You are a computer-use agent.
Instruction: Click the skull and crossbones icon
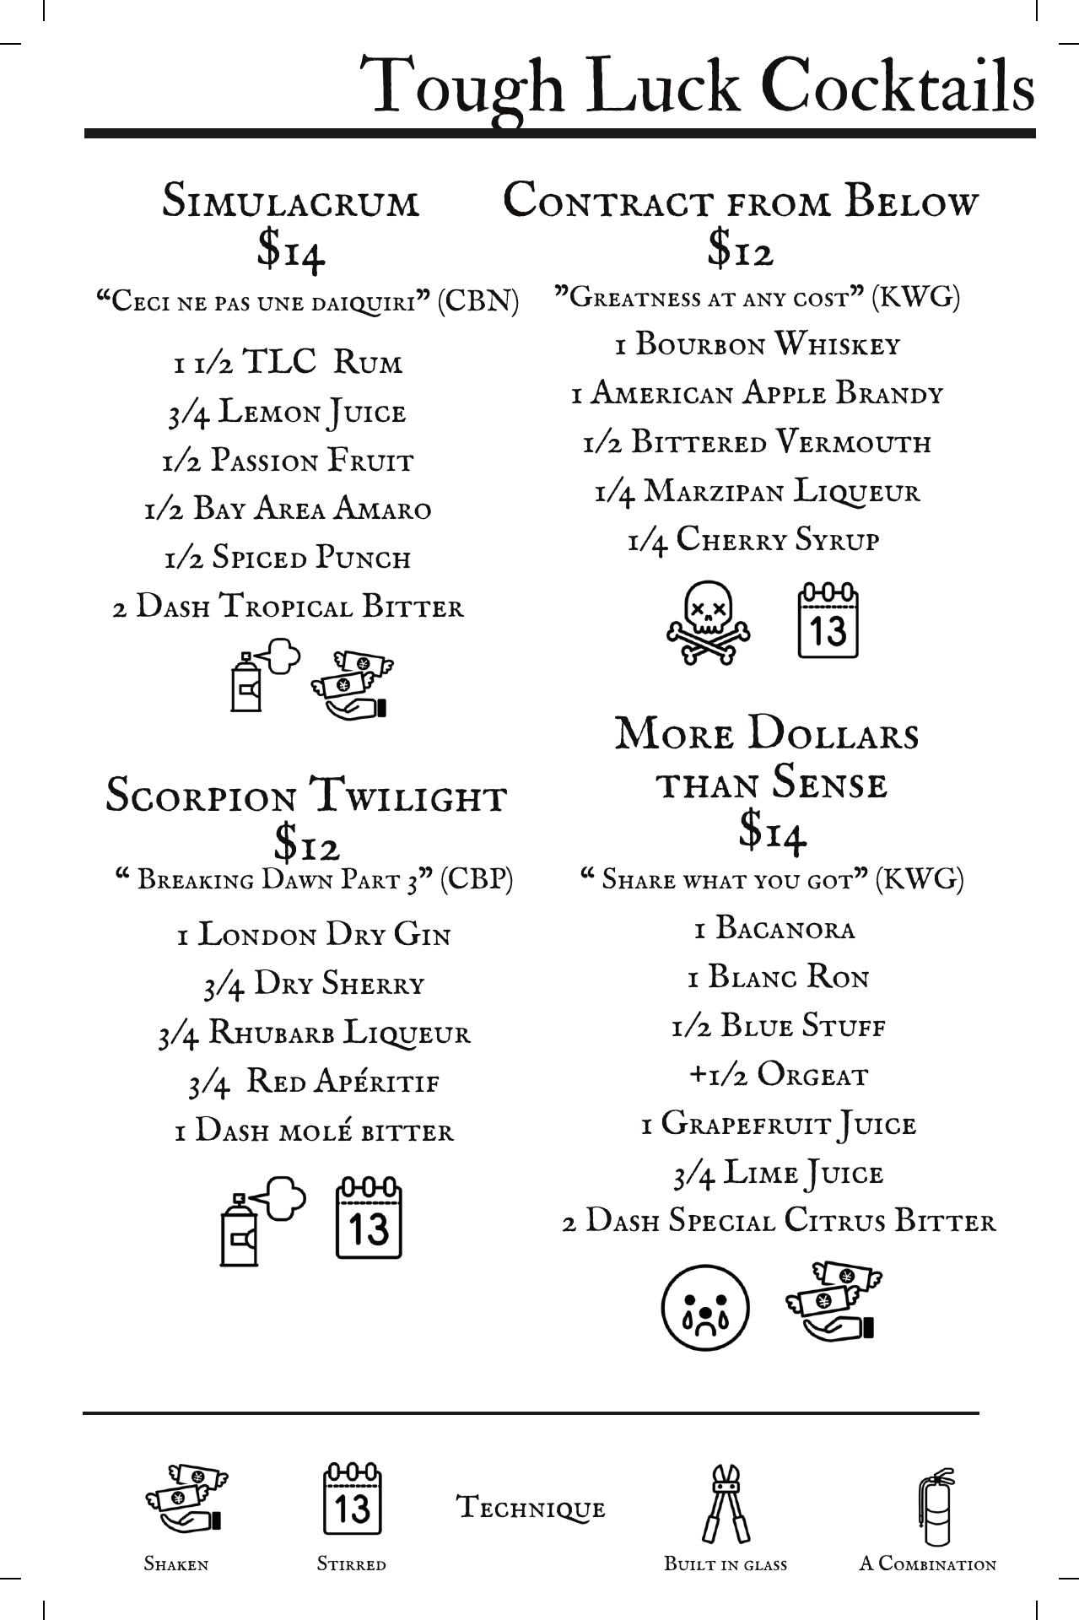click(x=708, y=622)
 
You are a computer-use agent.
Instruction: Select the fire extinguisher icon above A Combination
click(x=935, y=1507)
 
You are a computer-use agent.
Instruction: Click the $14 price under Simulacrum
click(x=291, y=249)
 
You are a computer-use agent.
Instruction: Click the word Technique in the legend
click(x=531, y=1507)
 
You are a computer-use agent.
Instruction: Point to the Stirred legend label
click(x=351, y=1563)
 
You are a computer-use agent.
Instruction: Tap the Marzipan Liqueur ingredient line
click(x=757, y=492)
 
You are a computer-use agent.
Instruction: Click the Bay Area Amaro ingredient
click(x=288, y=510)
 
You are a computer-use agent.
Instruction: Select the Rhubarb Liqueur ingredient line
click(x=314, y=1034)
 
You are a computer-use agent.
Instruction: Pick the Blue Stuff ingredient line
click(x=778, y=1026)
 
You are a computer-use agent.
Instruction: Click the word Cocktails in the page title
click(x=898, y=86)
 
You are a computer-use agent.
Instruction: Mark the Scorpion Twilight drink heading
click(x=306, y=796)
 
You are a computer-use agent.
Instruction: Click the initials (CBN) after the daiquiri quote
click(x=477, y=301)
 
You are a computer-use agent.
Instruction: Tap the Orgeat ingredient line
click(x=778, y=1075)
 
